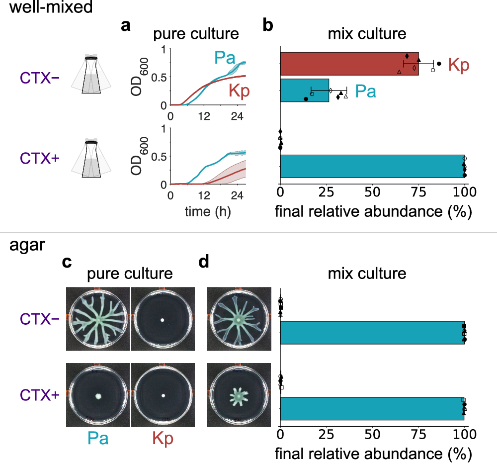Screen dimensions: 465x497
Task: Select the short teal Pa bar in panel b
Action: (x=304, y=90)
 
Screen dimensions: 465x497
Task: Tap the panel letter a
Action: (x=126, y=26)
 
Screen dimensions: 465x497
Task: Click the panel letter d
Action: (x=204, y=262)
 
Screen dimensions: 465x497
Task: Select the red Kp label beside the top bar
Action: (x=459, y=65)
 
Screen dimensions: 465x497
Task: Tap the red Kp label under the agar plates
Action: (x=163, y=439)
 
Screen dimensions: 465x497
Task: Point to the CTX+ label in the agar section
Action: (x=40, y=395)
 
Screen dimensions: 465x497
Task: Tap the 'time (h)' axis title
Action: (x=207, y=211)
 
